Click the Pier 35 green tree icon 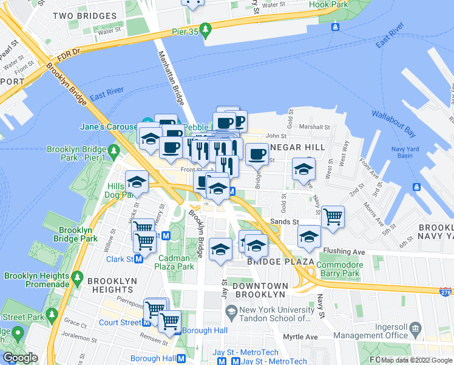pyautogui.click(x=206, y=29)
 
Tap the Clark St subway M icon pyautogui.click(x=139, y=259)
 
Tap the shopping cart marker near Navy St pyautogui.click(x=333, y=216)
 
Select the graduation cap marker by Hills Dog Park pyautogui.click(x=137, y=181)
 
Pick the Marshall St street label pyautogui.click(x=314, y=127)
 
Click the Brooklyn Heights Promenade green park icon pyautogui.click(x=77, y=279)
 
